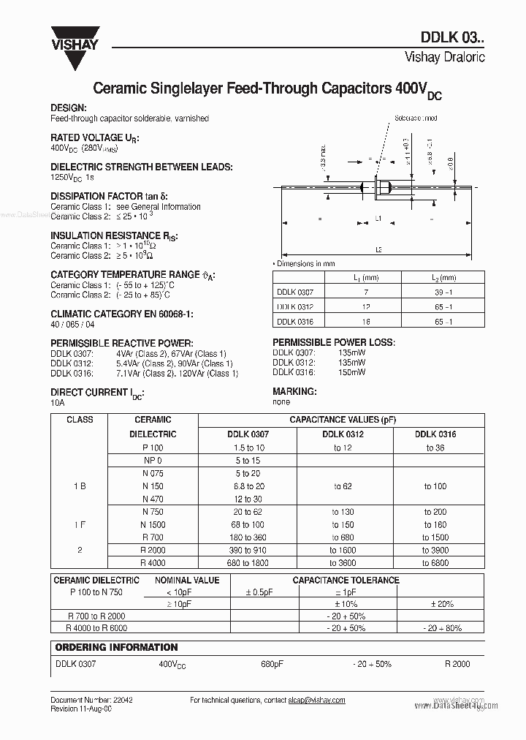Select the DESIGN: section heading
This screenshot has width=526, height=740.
pyautogui.click(x=69, y=107)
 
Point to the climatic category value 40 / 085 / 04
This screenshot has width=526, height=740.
pyautogui.click(x=72, y=324)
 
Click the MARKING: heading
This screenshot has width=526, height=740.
pyautogui.click(x=294, y=392)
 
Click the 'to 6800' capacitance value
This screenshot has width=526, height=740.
pyautogui.click(x=435, y=562)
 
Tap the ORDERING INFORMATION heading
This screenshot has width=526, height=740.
pyautogui.click(x=117, y=647)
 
